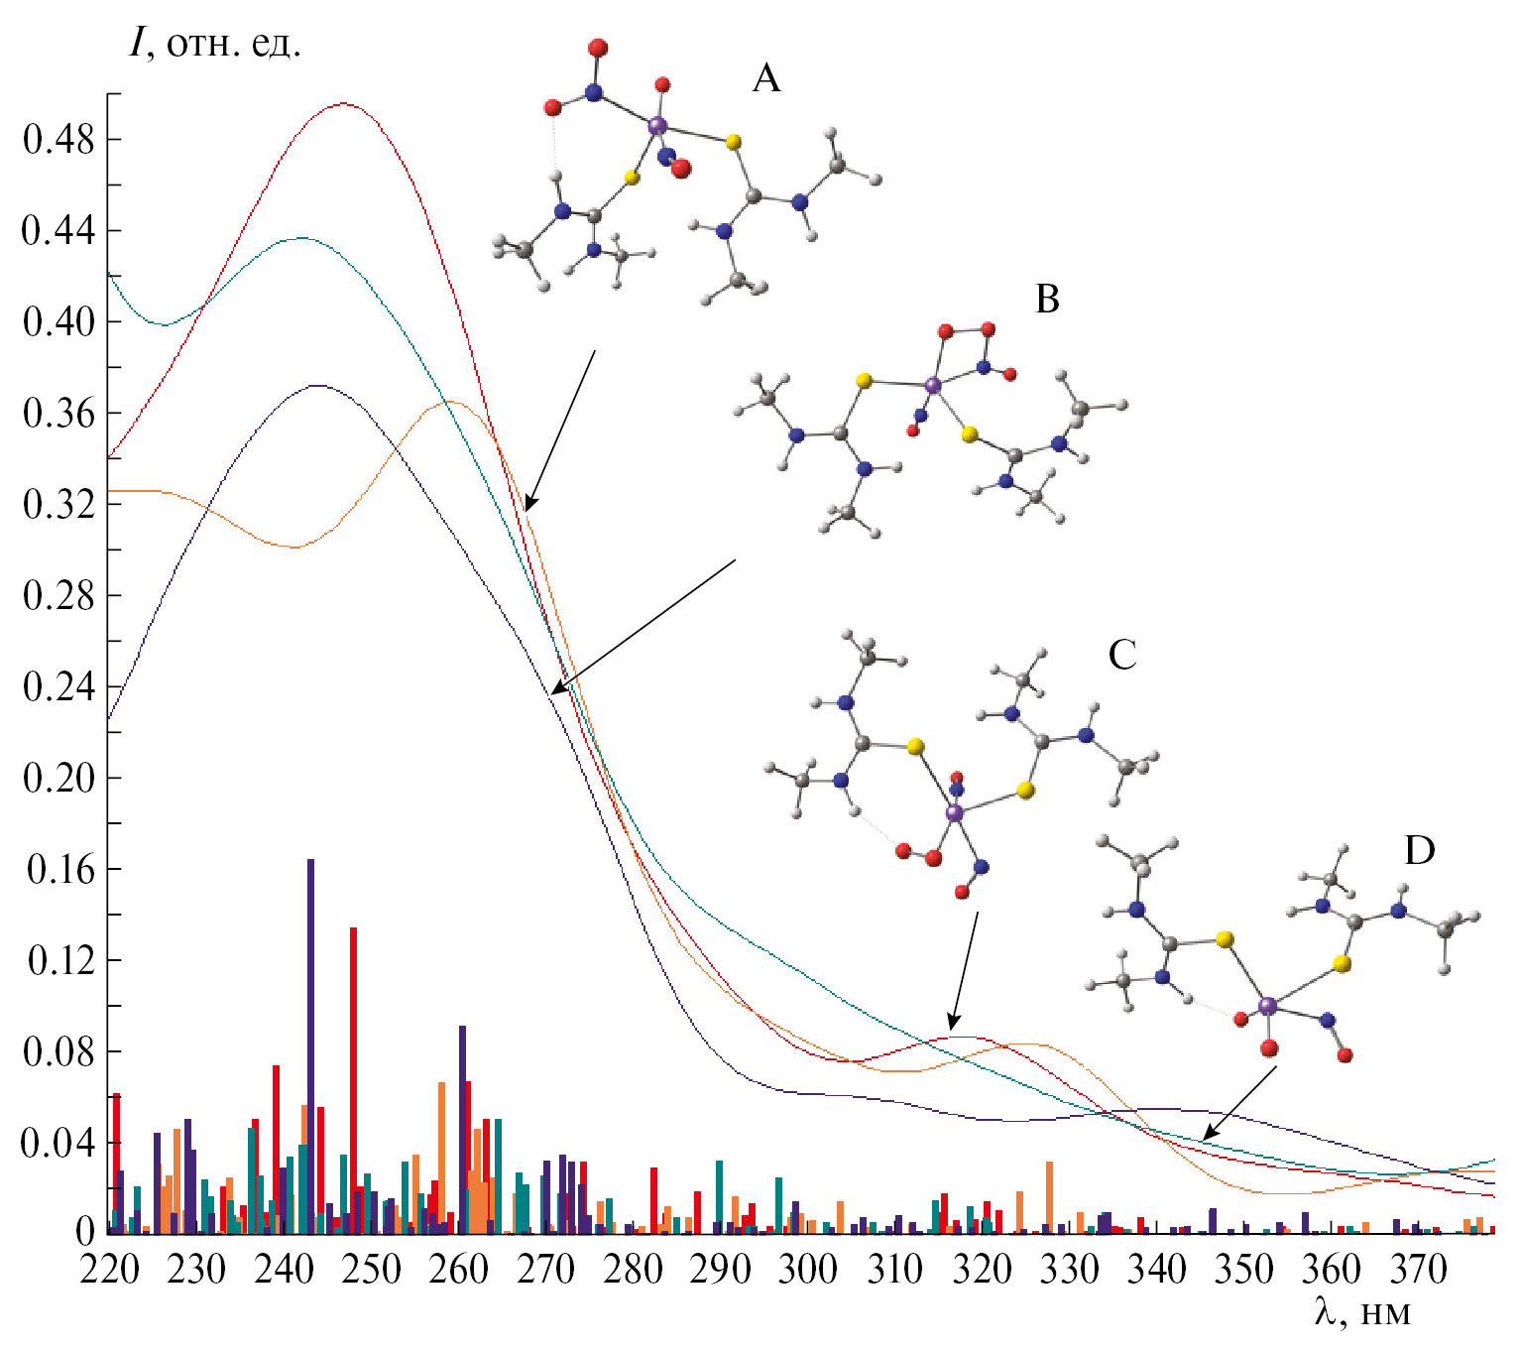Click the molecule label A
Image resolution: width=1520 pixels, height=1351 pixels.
coord(766,77)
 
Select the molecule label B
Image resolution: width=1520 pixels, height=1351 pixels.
coord(1047,299)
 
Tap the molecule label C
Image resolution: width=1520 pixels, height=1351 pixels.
coord(1121,655)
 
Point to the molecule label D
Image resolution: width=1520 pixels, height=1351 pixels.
coord(1419,850)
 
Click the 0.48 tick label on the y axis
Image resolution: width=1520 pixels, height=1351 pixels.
coord(58,140)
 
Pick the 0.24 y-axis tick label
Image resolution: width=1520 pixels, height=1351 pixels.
coord(58,687)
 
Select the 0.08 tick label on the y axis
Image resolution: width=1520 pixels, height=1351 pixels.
coord(58,1051)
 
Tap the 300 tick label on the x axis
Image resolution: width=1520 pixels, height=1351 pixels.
coord(808,1270)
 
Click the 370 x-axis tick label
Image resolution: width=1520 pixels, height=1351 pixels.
coord(1418,1270)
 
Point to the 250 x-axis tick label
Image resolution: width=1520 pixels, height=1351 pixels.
coord(371,1270)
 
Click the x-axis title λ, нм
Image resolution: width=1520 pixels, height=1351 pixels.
coord(1361,1313)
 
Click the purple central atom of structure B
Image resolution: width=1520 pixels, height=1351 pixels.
coord(932,385)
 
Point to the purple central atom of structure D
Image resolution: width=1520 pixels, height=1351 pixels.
coord(1267,1007)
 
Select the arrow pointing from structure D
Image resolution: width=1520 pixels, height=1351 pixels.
coord(1239,1101)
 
